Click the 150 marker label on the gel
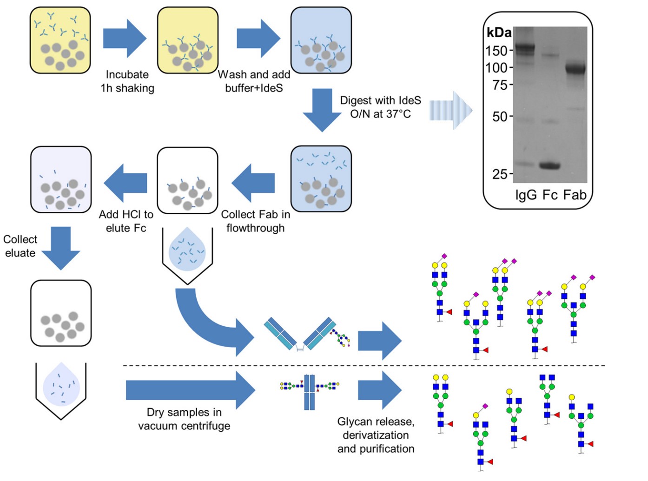pyautogui.click(x=496, y=51)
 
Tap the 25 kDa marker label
pyautogui.click(x=499, y=174)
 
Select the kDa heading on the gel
pyautogui.click(x=499, y=33)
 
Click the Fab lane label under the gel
pyautogui.click(x=575, y=195)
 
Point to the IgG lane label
pyautogui.click(x=526, y=195)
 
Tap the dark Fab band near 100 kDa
pyautogui.click(x=575, y=69)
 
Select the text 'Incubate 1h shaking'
pyautogui.click(x=127, y=81)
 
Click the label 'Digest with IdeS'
pyautogui.click(x=380, y=101)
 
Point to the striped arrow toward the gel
pyautogui.click(x=450, y=111)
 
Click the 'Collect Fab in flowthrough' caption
pyautogui.click(x=255, y=221)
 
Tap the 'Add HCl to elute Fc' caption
pyautogui.click(x=126, y=221)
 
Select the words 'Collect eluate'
pyautogui.click(x=20, y=246)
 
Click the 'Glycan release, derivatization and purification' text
pyautogui.click(x=376, y=435)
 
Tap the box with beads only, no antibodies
pyautogui.click(x=61, y=313)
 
